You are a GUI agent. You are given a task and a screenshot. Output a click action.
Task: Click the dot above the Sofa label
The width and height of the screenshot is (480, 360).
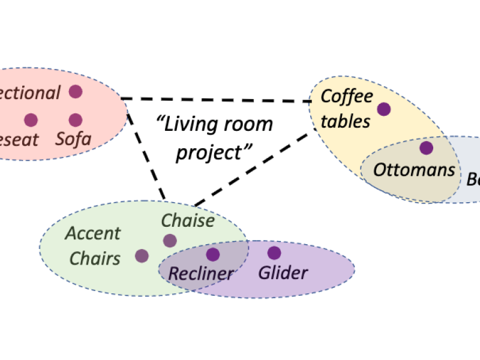pos(75,120)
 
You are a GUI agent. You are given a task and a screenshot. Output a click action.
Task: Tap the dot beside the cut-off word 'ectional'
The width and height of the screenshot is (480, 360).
pos(75,92)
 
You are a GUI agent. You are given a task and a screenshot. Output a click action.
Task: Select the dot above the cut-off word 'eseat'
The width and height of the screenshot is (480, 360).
pos(31,120)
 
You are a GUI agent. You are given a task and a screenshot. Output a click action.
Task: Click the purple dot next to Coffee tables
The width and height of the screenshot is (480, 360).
pos(383,109)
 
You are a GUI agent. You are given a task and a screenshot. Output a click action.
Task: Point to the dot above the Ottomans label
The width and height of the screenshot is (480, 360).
pos(426,148)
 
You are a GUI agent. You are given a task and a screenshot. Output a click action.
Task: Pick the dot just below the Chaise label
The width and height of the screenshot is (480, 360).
pos(170,241)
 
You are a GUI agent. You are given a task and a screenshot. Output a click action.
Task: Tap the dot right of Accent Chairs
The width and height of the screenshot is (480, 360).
pos(142,256)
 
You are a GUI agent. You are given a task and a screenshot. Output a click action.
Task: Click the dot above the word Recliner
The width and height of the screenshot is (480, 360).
pos(212,254)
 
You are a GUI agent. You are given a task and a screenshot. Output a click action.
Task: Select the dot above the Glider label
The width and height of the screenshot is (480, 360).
pos(274,253)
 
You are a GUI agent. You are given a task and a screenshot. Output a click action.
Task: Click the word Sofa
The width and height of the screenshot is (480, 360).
pos(73,140)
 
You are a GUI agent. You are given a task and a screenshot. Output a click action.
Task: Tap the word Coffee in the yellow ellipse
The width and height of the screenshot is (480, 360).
pos(347,97)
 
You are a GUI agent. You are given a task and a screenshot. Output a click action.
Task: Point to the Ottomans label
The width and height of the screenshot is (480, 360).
pos(414,170)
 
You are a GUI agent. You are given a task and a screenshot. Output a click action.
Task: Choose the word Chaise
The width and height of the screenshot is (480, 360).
pos(188,221)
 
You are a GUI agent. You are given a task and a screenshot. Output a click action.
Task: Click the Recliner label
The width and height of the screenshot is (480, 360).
pos(200,274)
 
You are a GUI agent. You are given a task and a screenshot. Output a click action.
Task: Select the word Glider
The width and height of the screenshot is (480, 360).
pos(283,273)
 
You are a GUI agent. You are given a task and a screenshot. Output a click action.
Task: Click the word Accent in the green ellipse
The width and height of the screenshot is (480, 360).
pos(93,233)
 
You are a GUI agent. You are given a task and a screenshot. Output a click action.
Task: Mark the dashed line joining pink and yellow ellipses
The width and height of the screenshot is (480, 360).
pos(216,100)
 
